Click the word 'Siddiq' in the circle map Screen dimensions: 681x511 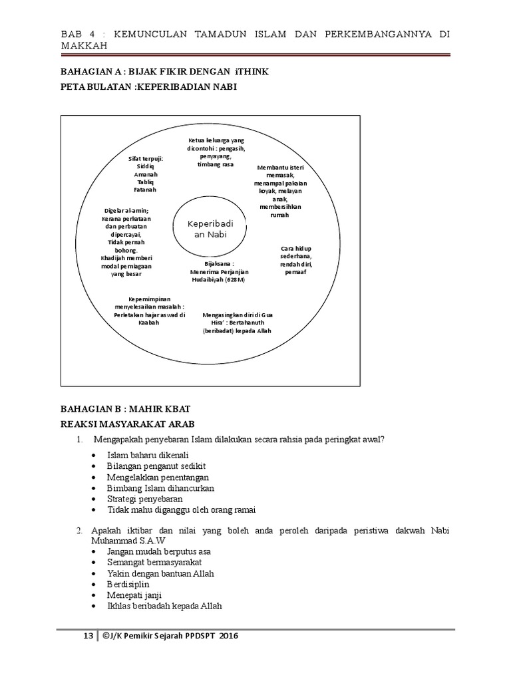pos(146,166)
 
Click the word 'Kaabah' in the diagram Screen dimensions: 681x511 pos(149,323)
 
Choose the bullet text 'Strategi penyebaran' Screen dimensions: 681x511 pos(145,499)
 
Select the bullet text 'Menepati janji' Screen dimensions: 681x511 pos(134,595)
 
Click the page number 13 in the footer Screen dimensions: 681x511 pos(87,636)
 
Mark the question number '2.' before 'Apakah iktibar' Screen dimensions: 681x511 pos(79,531)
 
